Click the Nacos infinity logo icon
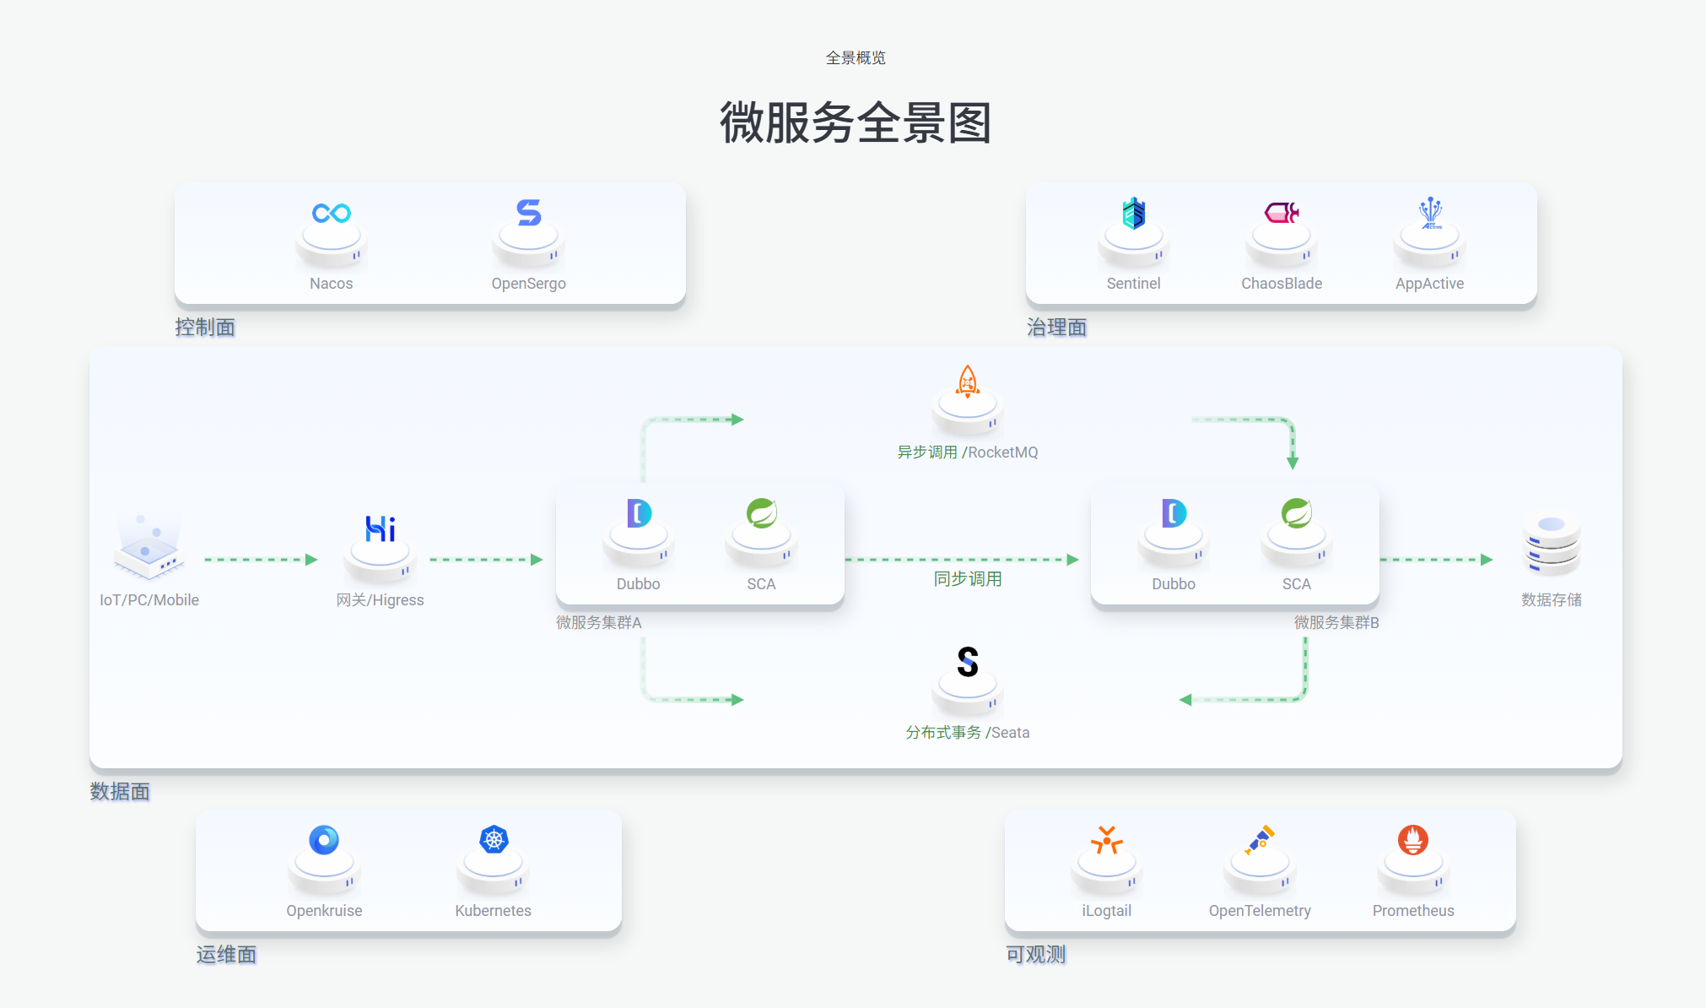(331, 213)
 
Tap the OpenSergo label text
(528, 284)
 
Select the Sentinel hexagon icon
(1133, 214)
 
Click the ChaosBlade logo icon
(1281, 213)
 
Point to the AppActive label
(1429, 284)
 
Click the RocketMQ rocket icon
(967, 382)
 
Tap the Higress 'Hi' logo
(380, 529)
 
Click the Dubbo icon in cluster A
(639, 513)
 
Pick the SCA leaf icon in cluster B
(1296, 513)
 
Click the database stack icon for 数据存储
(1551, 545)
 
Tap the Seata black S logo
(967, 662)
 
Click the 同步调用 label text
(967, 579)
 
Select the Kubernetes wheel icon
(494, 839)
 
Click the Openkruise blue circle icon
(324, 839)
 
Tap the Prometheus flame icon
(1412, 839)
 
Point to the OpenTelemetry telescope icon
(1260, 839)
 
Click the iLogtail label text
(1106, 911)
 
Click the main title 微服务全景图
(855, 123)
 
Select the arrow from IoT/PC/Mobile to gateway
(260, 560)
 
